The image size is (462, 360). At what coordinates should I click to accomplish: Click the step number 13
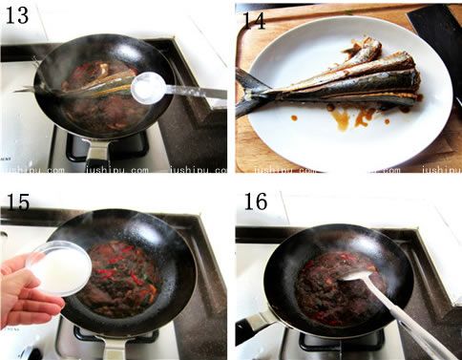click(x=17, y=15)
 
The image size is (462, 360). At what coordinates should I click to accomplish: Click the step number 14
click(x=254, y=20)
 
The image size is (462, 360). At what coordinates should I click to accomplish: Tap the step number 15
click(x=18, y=201)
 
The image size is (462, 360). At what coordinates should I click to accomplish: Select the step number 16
click(x=256, y=201)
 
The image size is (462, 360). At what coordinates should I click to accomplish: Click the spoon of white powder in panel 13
click(x=149, y=87)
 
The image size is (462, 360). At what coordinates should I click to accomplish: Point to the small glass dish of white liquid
click(x=59, y=268)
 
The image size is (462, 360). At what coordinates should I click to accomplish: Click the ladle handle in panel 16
click(x=410, y=318)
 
